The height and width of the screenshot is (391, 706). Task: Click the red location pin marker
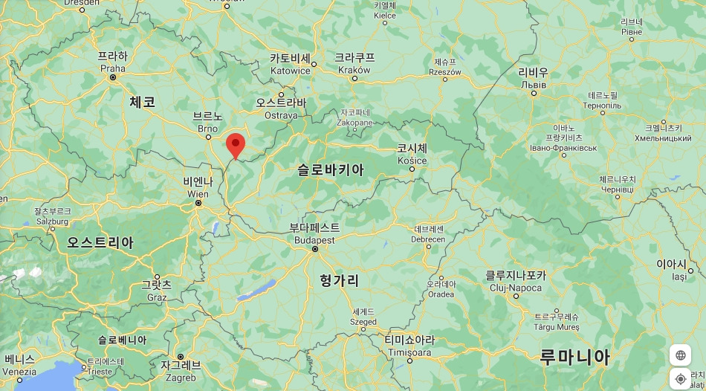(x=236, y=144)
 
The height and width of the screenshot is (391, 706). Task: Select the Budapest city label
(x=314, y=234)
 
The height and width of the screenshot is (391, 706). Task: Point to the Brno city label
(x=208, y=123)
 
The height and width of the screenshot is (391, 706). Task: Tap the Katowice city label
(x=290, y=65)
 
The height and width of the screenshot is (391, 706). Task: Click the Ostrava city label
(x=281, y=109)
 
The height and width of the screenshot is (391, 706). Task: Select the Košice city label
(x=412, y=155)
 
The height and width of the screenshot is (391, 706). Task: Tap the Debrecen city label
(x=429, y=234)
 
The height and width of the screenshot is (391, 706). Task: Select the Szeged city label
(x=364, y=317)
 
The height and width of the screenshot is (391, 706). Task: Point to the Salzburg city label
(x=52, y=216)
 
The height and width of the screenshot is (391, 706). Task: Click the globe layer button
(x=680, y=355)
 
